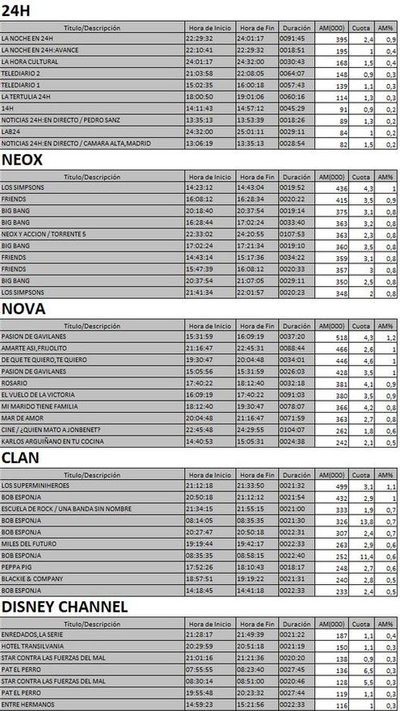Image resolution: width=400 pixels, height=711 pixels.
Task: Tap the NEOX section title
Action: [21, 159]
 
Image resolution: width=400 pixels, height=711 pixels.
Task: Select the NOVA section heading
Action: [23, 309]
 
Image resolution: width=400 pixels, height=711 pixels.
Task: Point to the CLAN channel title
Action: [20, 457]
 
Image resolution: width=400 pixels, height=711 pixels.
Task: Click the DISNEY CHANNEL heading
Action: [65, 607]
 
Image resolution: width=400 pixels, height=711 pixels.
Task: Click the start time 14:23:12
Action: [200, 187]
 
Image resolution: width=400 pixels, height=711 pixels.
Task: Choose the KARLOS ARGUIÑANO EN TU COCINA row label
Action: [48, 442]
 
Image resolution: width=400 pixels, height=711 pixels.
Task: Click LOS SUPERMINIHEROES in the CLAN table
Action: [37, 486]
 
